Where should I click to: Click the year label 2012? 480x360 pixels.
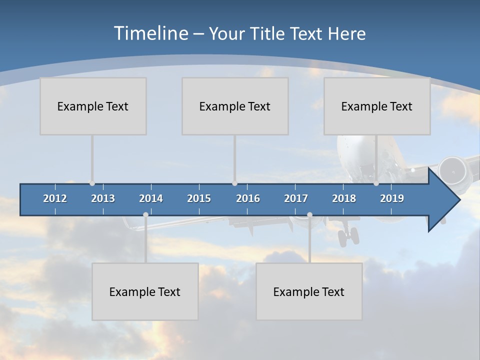coord(55,198)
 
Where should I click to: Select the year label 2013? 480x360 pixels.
coord(103,198)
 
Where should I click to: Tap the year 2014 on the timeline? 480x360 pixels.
coord(151,198)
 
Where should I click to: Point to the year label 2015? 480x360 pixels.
coord(199,198)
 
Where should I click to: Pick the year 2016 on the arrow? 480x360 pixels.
coord(248,198)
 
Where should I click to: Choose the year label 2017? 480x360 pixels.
coord(296,198)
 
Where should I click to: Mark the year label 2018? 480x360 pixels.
coord(344,198)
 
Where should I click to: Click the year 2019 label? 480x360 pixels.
coord(392,198)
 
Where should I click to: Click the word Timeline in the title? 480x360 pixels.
coord(150,33)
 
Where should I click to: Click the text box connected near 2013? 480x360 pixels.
coord(93,106)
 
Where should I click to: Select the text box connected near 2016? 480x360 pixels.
coord(235,106)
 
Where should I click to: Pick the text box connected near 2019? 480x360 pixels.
coord(377,106)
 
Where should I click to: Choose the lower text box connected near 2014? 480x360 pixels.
coord(145,291)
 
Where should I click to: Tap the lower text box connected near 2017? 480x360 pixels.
coord(309,291)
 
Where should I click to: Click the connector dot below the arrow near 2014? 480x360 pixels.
coord(145,215)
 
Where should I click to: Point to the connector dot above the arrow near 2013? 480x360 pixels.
coord(92,183)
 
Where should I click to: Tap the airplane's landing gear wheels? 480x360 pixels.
coord(348,236)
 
